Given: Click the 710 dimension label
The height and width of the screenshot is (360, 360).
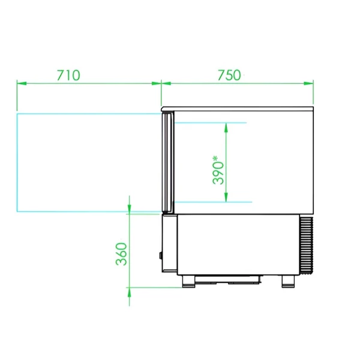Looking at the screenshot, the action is click(68, 75).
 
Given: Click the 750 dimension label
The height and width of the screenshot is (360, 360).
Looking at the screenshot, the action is click(229, 75).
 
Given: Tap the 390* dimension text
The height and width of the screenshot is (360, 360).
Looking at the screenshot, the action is click(218, 170).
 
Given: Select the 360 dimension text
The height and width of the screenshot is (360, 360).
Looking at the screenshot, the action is click(121, 254).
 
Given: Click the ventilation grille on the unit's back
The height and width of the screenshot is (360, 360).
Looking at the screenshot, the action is click(307, 245).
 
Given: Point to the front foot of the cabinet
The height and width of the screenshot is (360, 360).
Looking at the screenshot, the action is click(189, 281).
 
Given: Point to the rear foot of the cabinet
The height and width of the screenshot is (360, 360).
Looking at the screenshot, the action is click(288, 281).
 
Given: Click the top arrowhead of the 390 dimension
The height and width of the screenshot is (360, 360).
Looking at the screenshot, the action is click(226, 128).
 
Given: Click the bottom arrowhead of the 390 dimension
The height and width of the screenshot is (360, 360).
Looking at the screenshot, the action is click(226, 197).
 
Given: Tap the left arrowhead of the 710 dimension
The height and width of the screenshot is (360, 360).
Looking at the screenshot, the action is click(22, 83).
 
